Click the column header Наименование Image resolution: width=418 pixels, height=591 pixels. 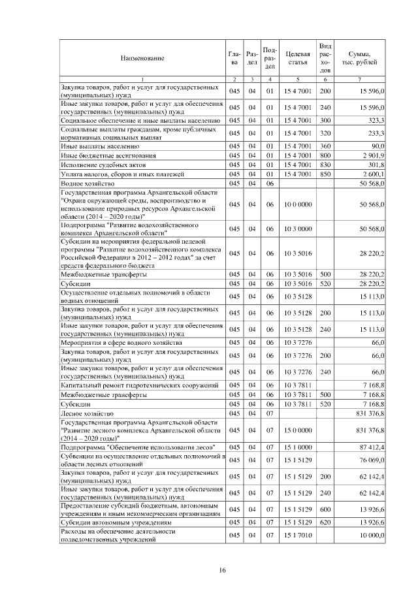pyautogui.click(x=142, y=58)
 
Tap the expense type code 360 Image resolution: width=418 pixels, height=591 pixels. pyautogui.click(x=325, y=146)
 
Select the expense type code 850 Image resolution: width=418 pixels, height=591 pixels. pyautogui.click(x=325, y=174)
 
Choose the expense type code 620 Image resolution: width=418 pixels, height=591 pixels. pyautogui.click(x=325, y=523)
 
